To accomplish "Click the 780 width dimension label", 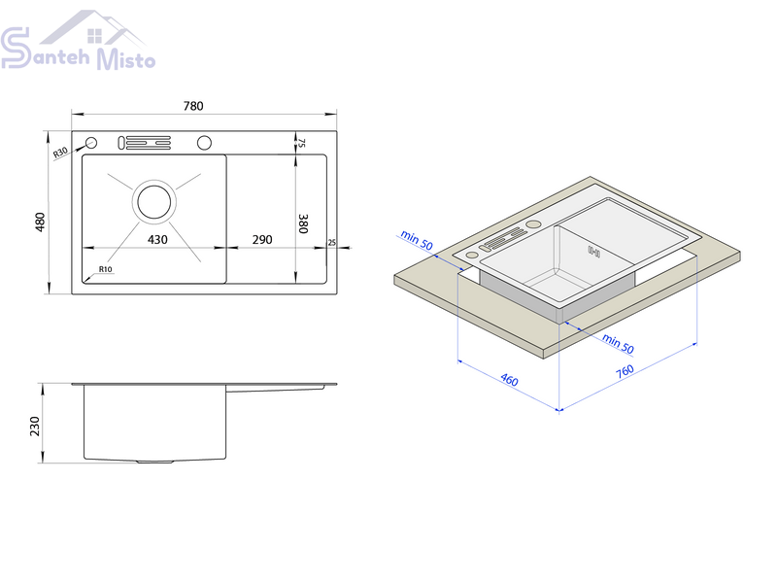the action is click(193, 106).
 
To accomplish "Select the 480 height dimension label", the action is click(40, 222).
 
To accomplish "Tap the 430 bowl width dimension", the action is click(157, 240).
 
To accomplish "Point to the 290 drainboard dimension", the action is click(262, 240).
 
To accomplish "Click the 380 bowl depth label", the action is click(303, 223).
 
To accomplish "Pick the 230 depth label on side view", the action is click(35, 427).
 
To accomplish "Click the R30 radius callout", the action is click(60, 153).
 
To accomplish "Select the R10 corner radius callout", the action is click(106, 269).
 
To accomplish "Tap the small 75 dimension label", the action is click(302, 143).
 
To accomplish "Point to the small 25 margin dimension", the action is click(331, 243).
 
